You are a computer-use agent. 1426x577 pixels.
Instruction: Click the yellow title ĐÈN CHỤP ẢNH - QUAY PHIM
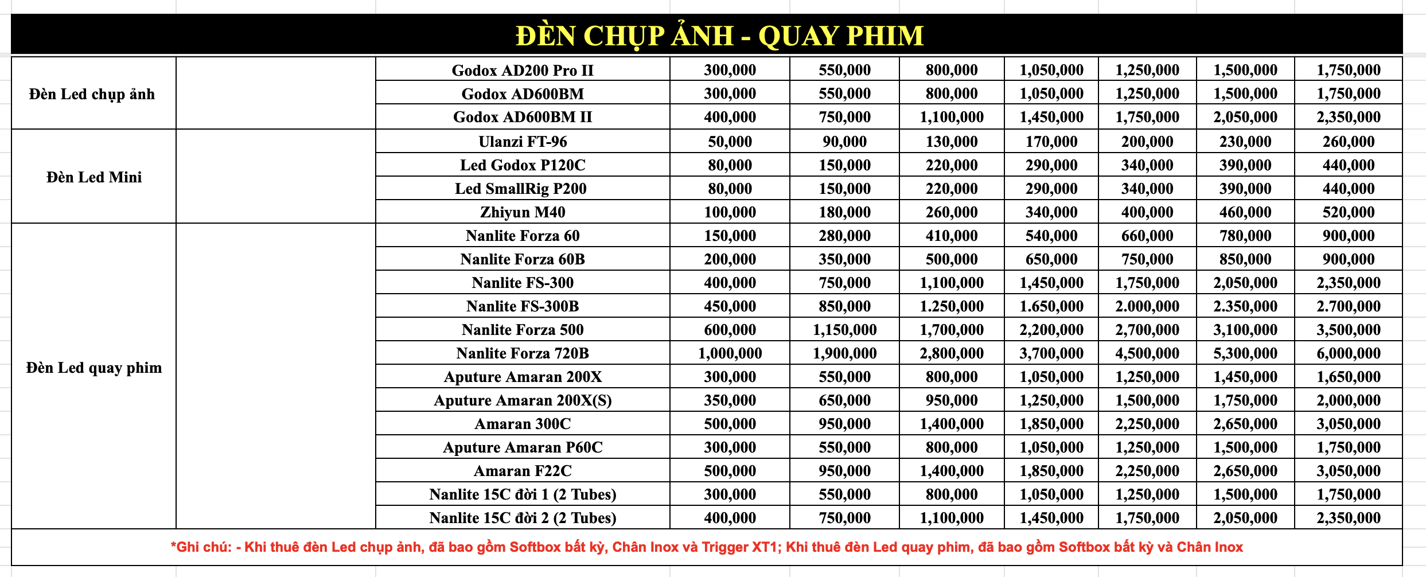[719, 36]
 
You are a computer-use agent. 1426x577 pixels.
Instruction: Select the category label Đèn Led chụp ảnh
[92, 94]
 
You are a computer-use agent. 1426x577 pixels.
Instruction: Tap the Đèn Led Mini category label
[94, 177]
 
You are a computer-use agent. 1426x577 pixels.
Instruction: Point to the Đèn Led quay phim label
[94, 368]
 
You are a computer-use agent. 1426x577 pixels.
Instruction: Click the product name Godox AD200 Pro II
[523, 71]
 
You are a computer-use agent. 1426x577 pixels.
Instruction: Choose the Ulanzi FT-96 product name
[523, 142]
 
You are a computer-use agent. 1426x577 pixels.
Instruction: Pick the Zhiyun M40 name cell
[523, 212]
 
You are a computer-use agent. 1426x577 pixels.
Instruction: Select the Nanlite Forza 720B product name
[523, 353]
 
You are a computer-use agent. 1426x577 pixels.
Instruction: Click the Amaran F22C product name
[523, 471]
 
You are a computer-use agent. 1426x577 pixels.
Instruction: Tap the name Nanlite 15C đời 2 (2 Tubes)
[523, 518]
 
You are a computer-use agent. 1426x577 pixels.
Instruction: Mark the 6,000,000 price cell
[1348, 353]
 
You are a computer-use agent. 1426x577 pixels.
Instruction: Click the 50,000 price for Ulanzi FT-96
[730, 142]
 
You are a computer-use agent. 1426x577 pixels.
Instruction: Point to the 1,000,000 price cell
[730, 353]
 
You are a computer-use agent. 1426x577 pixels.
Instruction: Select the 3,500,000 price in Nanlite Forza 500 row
[1348, 330]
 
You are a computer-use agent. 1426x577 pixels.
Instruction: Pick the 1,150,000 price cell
[844, 330]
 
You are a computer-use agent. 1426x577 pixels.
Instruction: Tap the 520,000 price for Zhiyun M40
[1348, 212]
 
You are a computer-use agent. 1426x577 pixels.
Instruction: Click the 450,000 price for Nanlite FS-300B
[730, 306]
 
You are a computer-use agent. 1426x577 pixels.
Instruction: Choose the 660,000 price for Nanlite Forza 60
[1147, 236]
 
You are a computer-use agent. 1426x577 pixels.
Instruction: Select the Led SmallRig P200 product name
[521, 189]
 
